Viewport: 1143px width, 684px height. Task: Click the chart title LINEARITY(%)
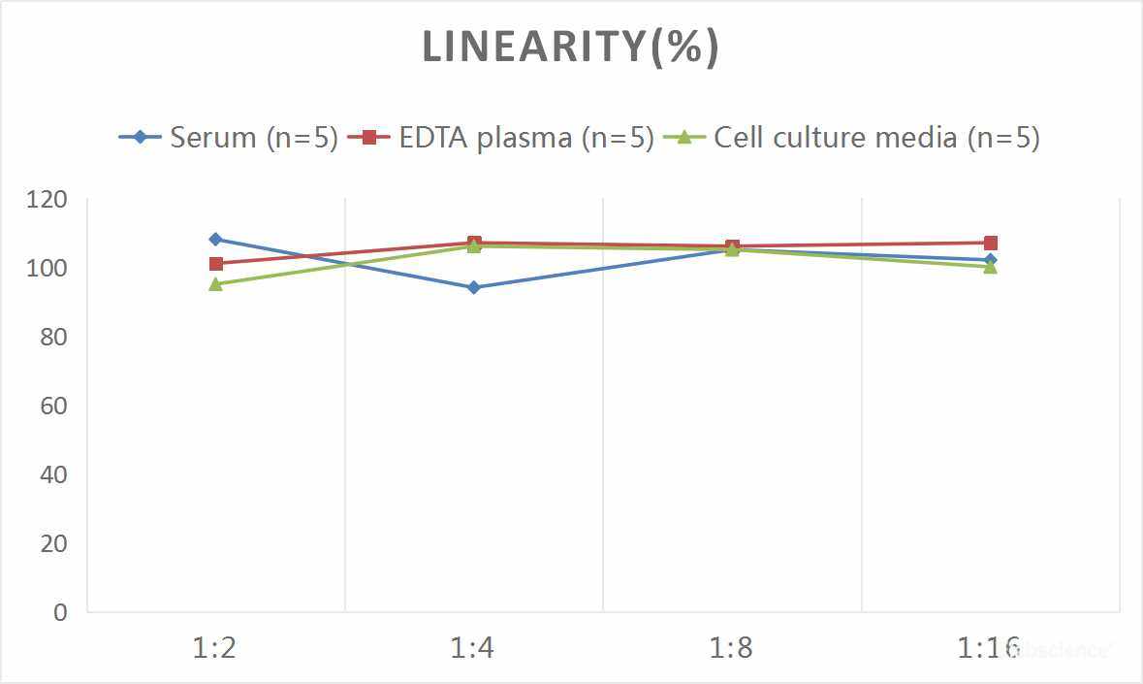coord(571,48)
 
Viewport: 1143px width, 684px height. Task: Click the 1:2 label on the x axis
coord(215,647)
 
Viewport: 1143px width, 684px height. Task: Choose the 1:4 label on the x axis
coord(473,647)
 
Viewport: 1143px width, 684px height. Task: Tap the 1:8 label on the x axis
coord(732,647)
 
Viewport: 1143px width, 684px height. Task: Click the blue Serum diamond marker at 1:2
coord(215,239)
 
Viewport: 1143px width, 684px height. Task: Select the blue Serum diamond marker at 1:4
coord(474,287)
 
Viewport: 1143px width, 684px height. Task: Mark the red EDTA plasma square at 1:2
coord(215,264)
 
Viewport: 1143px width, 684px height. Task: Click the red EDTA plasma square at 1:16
coord(991,243)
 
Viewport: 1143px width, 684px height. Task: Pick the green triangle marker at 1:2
coord(215,284)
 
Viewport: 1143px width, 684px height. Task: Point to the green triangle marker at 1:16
coord(991,267)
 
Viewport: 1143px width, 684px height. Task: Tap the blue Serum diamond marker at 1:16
coord(991,259)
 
